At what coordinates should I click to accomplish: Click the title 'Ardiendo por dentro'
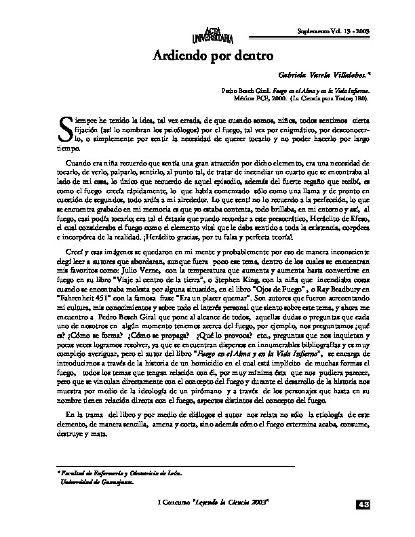pyautogui.click(x=207, y=57)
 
